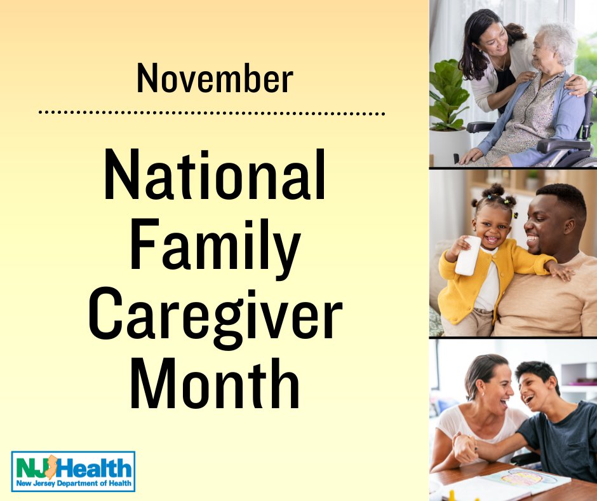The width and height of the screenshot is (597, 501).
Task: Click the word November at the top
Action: [x=215, y=79]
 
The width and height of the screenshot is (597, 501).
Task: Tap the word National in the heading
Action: [x=215, y=175]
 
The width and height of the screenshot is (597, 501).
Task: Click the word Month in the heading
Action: [x=215, y=383]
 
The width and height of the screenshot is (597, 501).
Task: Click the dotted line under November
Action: [x=211, y=113]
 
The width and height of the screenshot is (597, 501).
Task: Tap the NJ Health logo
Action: [x=73, y=471]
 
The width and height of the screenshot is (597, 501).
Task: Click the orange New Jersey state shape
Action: [x=51, y=467]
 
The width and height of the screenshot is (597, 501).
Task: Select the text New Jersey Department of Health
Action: [x=74, y=483]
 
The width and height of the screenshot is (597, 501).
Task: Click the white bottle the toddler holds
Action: [x=467, y=256]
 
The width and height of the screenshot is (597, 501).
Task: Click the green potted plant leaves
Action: [x=448, y=95]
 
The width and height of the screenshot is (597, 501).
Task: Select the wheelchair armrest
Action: [x=564, y=145]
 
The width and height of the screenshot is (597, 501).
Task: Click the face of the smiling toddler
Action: [x=492, y=227]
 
